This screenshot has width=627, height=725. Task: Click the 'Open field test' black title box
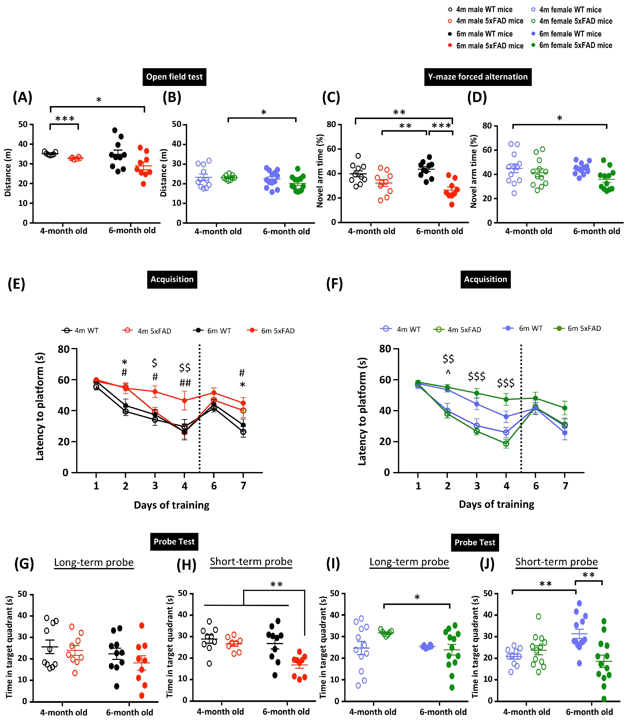coord(174,77)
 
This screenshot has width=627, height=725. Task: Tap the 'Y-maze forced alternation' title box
coord(478,77)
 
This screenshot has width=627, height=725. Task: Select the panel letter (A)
coord(22,98)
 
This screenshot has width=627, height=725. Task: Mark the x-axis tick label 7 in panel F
coord(565,486)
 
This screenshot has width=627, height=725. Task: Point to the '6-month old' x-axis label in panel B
coord(286,232)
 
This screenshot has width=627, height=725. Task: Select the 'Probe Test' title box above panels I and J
coord(475,542)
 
